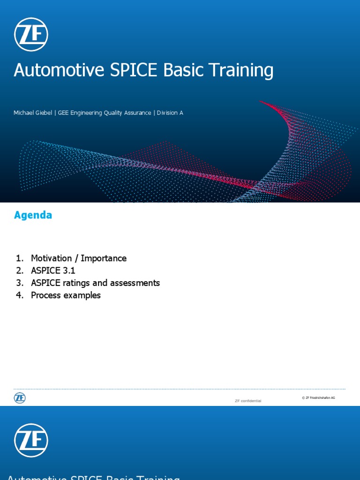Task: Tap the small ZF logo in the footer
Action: point(20,398)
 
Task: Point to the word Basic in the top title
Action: point(183,70)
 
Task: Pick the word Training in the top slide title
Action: point(240,70)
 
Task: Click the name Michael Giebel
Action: point(33,113)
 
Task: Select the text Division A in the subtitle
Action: point(170,113)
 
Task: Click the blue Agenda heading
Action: point(33,215)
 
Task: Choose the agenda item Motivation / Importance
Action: point(79,258)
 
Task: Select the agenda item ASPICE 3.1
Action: point(53,270)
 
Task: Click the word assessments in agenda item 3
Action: point(136,283)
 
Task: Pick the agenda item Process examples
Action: point(66,295)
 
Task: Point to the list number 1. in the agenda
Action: point(19,258)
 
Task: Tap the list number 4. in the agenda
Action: point(19,295)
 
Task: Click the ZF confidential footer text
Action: point(247,401)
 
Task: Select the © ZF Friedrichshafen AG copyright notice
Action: point(318,397)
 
